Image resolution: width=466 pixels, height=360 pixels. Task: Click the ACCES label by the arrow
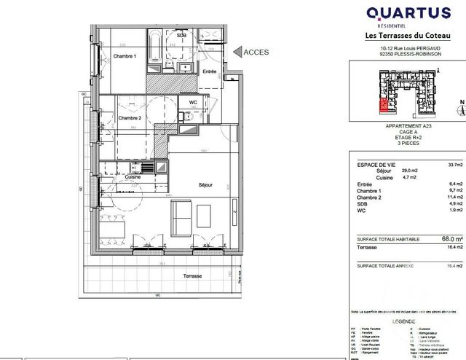point(256,52)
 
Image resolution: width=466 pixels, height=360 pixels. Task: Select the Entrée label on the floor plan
point(210,71)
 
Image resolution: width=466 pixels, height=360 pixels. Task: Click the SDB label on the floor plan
point(181,34)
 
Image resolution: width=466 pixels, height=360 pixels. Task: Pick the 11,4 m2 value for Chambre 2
point(436,197)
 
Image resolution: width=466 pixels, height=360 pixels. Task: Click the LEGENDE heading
point(403,321)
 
